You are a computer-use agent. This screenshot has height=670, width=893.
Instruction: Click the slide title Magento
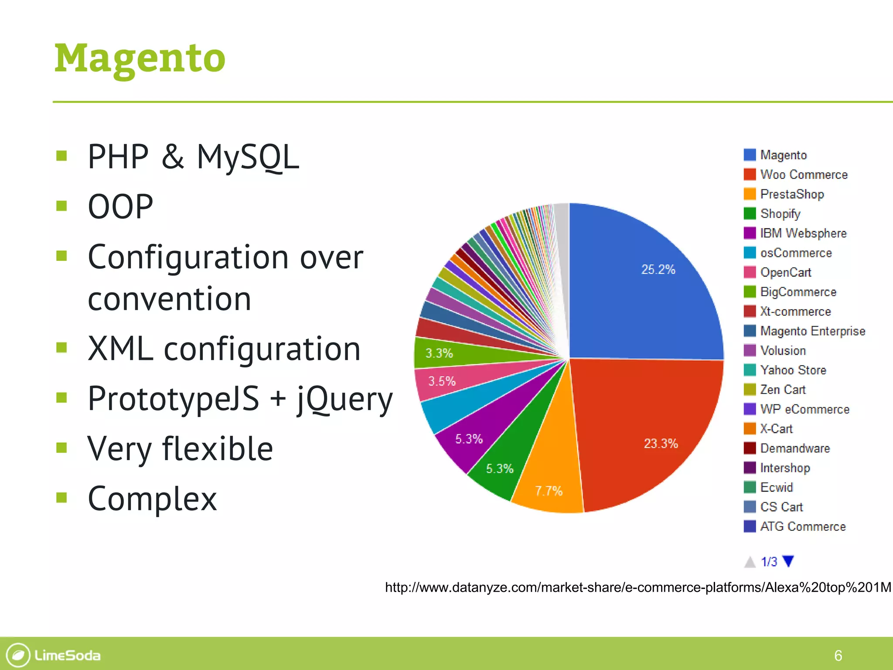pos(140,59)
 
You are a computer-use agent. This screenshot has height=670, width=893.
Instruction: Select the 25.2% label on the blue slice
pos(658,269)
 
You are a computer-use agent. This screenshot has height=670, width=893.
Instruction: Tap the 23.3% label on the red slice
pos(661,444)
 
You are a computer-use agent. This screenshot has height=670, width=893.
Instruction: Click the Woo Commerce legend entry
pos(804,174)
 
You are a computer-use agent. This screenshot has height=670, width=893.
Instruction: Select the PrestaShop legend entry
pos(792,194)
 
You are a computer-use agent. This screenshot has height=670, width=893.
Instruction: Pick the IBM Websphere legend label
pos(803,233)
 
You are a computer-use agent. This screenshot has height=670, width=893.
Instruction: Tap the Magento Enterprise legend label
pos(812,331)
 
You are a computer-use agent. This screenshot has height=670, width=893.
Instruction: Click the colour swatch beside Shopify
pos(750,214)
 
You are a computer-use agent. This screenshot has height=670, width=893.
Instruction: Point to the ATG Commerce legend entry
pos(803,526)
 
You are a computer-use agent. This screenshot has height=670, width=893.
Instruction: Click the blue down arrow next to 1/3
pos(788,561)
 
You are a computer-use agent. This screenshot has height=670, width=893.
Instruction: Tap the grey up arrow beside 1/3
pos(750,562)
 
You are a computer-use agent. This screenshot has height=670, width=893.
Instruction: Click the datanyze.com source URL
pos(638,588)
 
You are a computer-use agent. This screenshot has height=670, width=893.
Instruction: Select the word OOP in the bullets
pos(120,206)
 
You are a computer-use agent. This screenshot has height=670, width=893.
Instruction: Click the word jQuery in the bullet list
pos(344,399)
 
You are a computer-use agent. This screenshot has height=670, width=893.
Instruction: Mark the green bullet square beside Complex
pos(61,497)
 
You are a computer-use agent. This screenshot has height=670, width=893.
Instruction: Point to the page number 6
pos(838,655)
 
